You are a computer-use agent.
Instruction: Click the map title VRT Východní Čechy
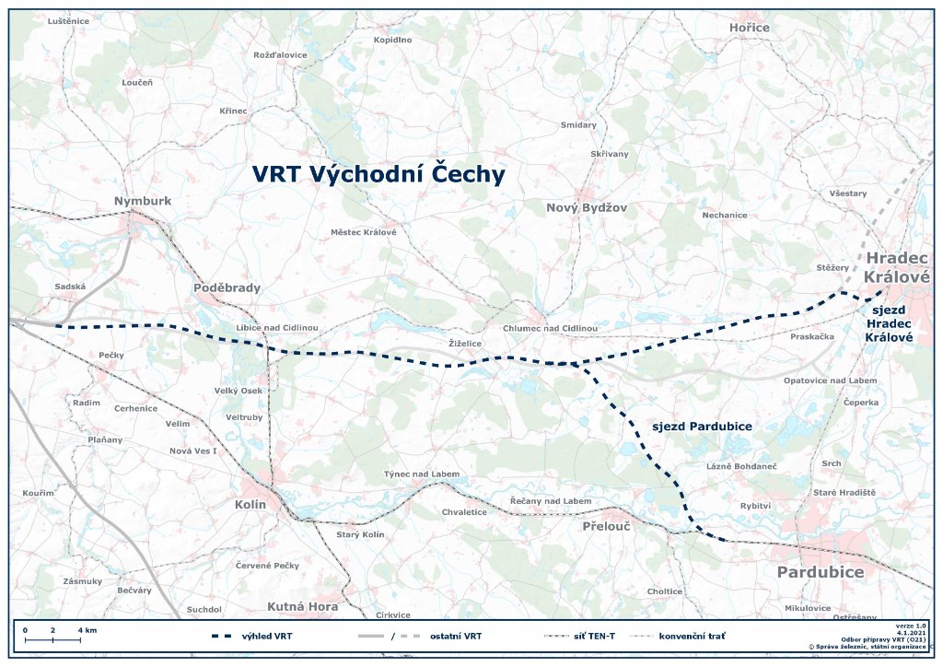(x=378, y=175)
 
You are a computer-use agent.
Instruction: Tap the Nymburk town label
(x=143, y=201)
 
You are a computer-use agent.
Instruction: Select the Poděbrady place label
(x=227, y=287)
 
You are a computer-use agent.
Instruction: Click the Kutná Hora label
(x=302, y=606)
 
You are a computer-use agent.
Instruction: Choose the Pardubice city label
(x=821, y=572)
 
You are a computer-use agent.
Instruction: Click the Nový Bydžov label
(x=586, y=208)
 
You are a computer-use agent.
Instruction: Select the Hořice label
(x=749, y=28)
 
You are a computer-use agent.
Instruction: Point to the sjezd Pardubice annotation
(x=702, y=427)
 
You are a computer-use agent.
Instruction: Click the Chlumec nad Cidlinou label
(x=551, y=329)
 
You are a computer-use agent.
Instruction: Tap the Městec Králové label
(x=363, y=232)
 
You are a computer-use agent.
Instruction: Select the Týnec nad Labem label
(x=421, y=474)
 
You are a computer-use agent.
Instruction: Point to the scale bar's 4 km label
(x=87, y=630)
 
